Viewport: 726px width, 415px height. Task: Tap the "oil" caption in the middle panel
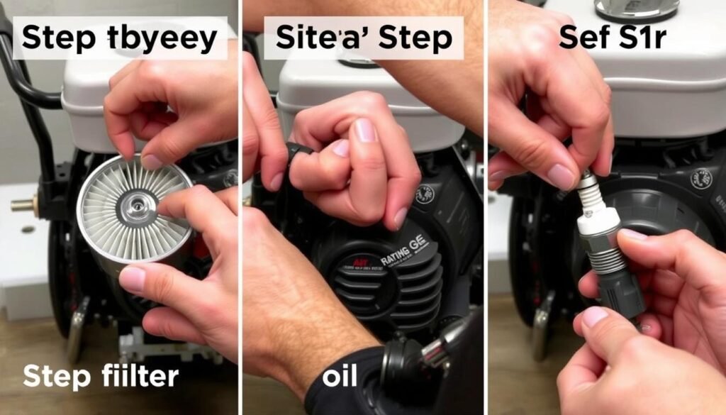(x=341, y=376)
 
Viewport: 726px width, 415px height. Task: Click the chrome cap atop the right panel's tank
(x=636, y=9)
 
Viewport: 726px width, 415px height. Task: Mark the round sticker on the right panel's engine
(x=701, y=178)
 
